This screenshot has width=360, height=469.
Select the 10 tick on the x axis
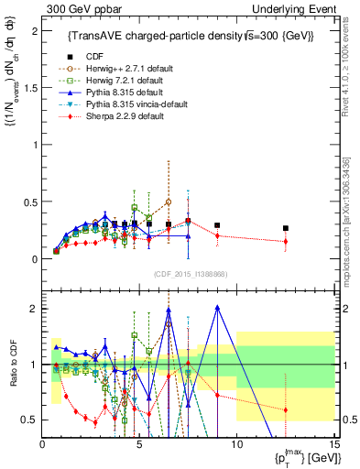pos(236,443)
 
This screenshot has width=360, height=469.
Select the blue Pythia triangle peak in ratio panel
pos(217,308)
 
